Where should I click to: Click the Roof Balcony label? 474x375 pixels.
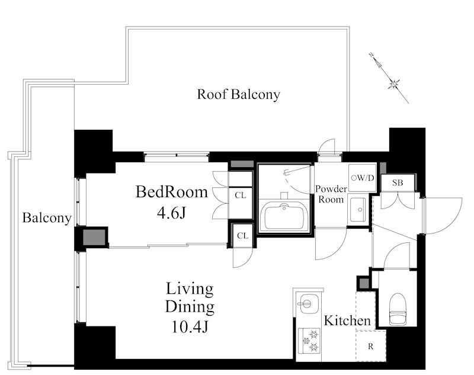tap(239, 94)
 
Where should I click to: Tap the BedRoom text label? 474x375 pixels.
tap(172, 192)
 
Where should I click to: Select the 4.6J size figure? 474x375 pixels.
tap(171, 213)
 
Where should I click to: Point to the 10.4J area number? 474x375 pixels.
tap(190, 326)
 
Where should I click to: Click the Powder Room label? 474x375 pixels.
tap(331, 194)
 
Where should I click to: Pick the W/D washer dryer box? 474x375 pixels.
tap(363, 178)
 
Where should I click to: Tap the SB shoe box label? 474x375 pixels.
tap(398, 182)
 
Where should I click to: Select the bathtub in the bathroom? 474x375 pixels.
tap(284, 216)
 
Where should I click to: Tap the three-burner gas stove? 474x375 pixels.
tap(309, 341)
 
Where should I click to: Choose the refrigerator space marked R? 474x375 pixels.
tap(371, 346)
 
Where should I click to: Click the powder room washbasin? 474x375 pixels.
tap(358, 209)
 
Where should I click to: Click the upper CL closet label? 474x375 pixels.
tap(241, 195)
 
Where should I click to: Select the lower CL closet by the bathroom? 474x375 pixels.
tap(243, 235)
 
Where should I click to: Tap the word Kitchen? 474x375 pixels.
tap(347, 320)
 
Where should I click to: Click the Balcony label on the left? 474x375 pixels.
tap(47, 217)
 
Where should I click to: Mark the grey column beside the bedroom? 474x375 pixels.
tap(94, 238)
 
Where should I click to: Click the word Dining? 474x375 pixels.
tap(190, 307)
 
